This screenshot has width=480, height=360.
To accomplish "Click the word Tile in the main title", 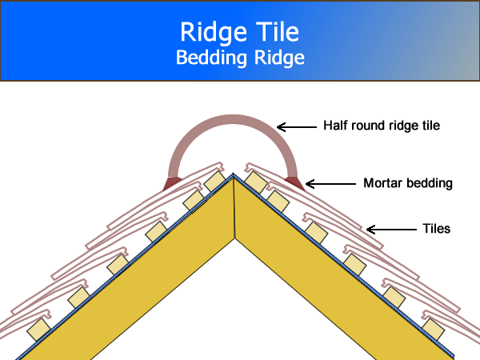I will click(274, 32).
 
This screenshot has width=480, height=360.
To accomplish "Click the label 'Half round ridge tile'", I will click(382, 126).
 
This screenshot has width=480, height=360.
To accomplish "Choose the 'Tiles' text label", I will click(436, 229).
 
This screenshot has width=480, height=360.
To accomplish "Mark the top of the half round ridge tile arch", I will click(234, 118).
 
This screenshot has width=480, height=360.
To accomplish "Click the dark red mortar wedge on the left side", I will click(172, 183).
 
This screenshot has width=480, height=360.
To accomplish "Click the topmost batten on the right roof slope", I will click(255, 182).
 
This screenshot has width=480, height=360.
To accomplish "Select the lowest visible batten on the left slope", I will click(37, 327).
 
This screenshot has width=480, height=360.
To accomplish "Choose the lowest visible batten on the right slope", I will click(432, 327).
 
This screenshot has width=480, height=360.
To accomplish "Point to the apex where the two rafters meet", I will click(234, 178).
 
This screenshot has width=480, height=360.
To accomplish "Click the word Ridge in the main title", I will click(206, 32).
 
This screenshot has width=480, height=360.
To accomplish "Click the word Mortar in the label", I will click(381, 183).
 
